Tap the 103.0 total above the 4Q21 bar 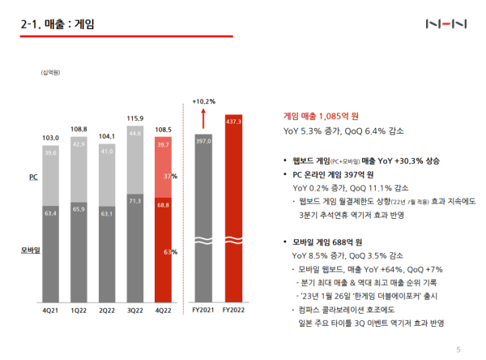pyautogui.click(x=49, y=139)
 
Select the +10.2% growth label pyautogui.click(x=203, y=101)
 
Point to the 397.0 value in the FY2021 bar pyautogui.click(x=202, y=141)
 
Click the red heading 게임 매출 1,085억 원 pyautogui.click(x=319, y=115)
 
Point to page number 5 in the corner pyautogui.click(x=458, y=349)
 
